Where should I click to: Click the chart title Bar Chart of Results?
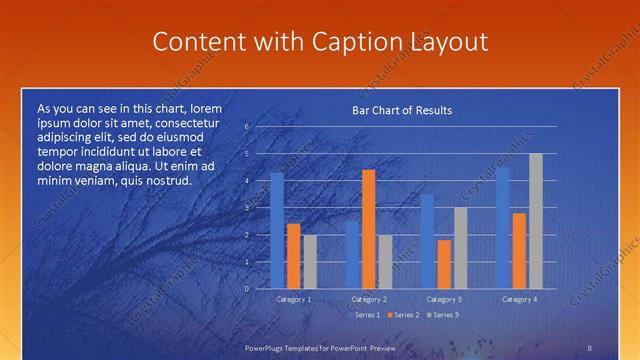pyautogui.click(x=401, y=110)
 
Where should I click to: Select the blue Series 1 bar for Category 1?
pyautogui.click(x=277, y=230)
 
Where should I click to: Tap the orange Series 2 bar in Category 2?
pyautogui.click(x=368, y=229)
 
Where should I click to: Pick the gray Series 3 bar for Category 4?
pyautogui.click(x=535, y=221)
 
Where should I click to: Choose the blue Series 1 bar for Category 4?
pyautogui.click(x=502, y=228)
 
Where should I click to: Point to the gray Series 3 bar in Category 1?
pyautogui.click(x=310, y=261)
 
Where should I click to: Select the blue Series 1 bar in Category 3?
pyautogui.click(x=427, y=241)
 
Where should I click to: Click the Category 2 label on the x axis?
pyautogui.click(x=369, y=299)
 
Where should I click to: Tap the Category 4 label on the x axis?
pyautogui.click(x=519, y=299)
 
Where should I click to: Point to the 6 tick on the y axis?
pyautogui.click(x=247, y=127)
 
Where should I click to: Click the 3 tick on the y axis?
pyautogui.click(x=247, y=208)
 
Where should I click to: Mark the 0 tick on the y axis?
pyautogui.click(x=247, y=288)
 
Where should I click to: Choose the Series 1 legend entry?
pyautogui.click(x=365, y=315)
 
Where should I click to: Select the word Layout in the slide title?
pyautogui.click(x=449, y=42)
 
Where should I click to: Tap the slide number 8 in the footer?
pyautogui.click(x=590, y=346)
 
